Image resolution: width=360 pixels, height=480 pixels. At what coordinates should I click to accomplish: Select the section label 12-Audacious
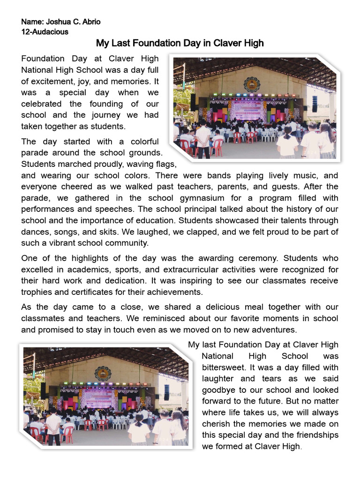[45, 32]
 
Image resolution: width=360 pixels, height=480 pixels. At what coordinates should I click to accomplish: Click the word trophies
[38, 292]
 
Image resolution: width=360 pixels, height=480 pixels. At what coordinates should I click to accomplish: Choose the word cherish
[216, 423]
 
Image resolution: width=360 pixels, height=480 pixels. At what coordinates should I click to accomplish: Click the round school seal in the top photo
[251, 84]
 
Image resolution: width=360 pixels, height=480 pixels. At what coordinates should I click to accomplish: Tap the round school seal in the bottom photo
[103, 374]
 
